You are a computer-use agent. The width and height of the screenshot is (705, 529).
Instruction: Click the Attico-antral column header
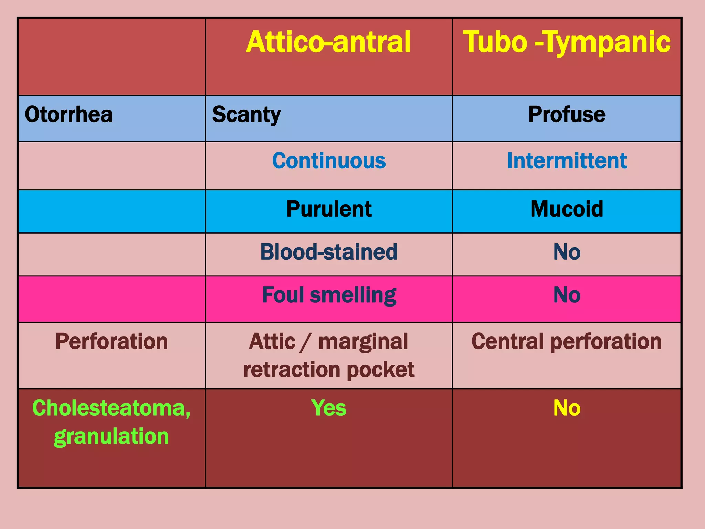(x=328, y=42)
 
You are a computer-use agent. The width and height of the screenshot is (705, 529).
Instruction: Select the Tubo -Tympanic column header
(x=567, y=42)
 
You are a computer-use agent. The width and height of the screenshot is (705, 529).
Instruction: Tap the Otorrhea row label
(x=69, y=114)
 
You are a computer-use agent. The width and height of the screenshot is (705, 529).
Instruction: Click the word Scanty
(x=246, y=114)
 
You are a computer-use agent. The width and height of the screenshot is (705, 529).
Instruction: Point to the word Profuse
(x=567, y=114)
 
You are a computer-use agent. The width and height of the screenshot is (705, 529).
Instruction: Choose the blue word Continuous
(x=329, y=160)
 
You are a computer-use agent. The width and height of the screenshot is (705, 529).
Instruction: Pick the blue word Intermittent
(x=567, y=160)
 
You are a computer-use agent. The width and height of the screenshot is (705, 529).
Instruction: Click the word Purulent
(x=329, y=209)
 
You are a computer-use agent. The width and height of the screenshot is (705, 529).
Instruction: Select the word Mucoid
(x=567, y=209)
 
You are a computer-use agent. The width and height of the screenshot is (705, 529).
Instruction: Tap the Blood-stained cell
(x=329, y=252)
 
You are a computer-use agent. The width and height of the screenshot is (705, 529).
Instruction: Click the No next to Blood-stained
(x=567, y=252)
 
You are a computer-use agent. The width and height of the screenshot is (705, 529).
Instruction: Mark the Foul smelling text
(x=329, y=295)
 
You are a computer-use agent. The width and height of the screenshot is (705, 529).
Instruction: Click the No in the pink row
(x=567, y=295)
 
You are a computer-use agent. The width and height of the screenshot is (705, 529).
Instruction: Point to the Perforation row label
(x=111, y=341)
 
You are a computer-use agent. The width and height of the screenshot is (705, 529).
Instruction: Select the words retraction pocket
(x=329, y=370)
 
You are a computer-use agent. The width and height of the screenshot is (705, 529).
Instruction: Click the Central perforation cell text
(x=567, y=341)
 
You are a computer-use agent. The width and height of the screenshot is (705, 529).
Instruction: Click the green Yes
(x=329, y=408)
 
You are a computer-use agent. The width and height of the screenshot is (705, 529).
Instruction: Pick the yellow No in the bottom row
(x=567, y=408)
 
